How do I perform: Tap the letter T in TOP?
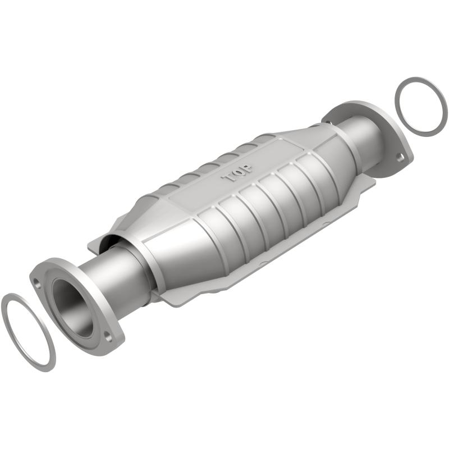click(230, 178)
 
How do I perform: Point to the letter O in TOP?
click(238, 172)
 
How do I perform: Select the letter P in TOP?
click(247, 166)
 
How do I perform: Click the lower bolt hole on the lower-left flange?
click(108, 338)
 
